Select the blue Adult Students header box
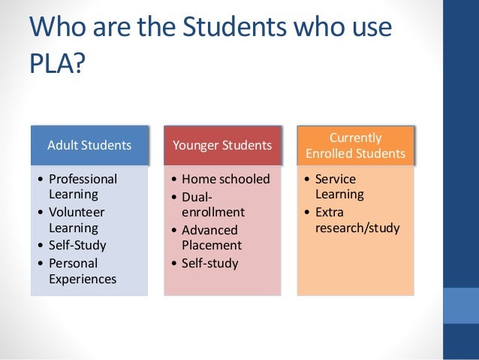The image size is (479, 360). tap(89, 144)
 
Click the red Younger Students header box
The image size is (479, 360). tap(222, 144)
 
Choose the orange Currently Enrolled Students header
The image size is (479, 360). tap(355, 146)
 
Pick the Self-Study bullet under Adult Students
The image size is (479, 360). tap(77, 245)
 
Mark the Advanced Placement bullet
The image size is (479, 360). tap(211, 237)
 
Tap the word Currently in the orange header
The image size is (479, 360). tap(355, 138)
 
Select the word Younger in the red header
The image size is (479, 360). tap(198, 144)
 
